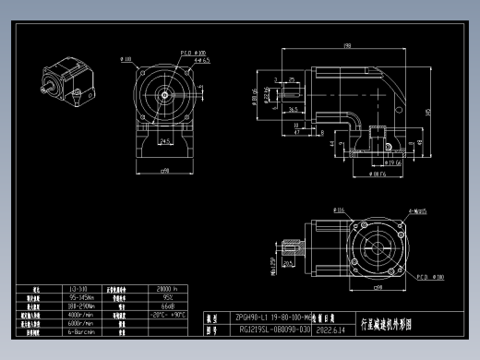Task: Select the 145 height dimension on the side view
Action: [x=427, y=112]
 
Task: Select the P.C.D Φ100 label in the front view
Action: [x=193, y=53]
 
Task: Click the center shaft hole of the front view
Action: [x=164, y=93]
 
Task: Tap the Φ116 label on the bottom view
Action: [x=340, y=211]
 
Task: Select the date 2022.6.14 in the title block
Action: [x=329, y=329]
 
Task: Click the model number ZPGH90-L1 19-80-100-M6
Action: [x=273, y=315]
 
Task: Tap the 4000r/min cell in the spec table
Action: [x=80, y=314]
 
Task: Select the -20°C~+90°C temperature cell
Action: [x=168, y=314]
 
